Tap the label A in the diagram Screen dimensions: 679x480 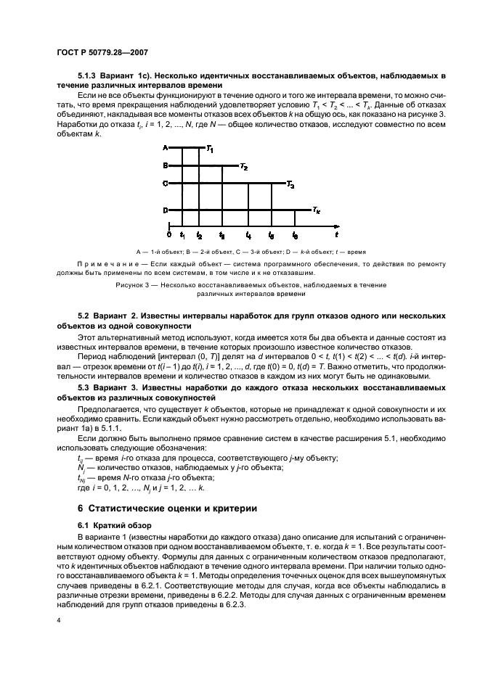(166, 148)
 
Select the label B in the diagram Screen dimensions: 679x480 (166, 166)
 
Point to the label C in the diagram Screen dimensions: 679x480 (166, 184)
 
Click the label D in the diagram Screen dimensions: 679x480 (166, 210)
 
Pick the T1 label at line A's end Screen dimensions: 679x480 (209, 149)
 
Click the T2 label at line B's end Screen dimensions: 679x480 (244, 168)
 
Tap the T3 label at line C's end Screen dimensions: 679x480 (290, 186)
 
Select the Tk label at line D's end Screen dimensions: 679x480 (317, 210)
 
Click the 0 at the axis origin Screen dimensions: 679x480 (168, 235)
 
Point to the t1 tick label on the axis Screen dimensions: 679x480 (182, 236)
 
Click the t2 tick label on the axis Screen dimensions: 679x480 (199, 236)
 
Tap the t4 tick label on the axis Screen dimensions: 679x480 (249, 236)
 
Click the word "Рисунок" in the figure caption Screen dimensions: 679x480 (131, 285)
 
